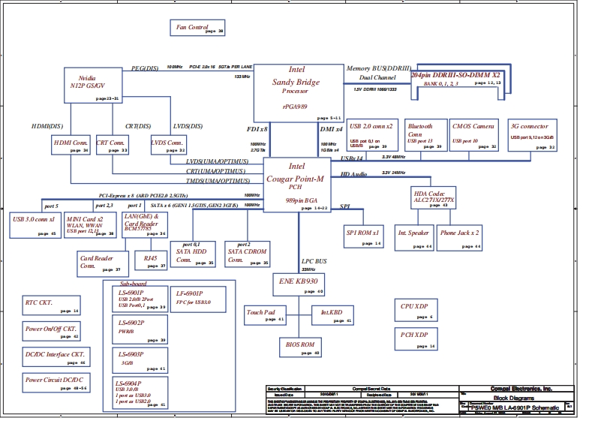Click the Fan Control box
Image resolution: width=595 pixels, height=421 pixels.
click(197, 29)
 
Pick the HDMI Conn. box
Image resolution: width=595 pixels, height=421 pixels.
click(72, 144)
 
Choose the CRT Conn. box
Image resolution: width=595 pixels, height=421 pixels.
click(112, 144)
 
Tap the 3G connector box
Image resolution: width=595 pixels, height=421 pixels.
click(531, 135)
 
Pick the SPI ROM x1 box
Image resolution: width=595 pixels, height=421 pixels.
click(365, 236)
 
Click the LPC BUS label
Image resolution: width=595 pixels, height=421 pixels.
click(314, 261)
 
